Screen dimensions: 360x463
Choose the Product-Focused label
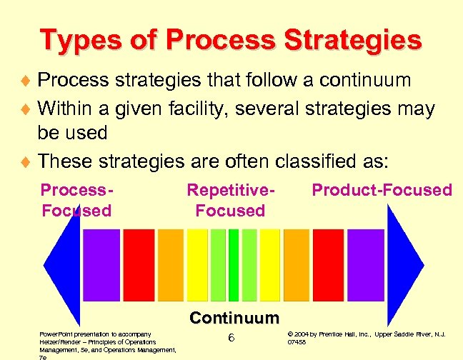[382, 190]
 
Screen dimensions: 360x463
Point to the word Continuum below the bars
[234, 317]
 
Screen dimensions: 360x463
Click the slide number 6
[231, 338]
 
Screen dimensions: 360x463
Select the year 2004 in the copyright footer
[302, 334]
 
